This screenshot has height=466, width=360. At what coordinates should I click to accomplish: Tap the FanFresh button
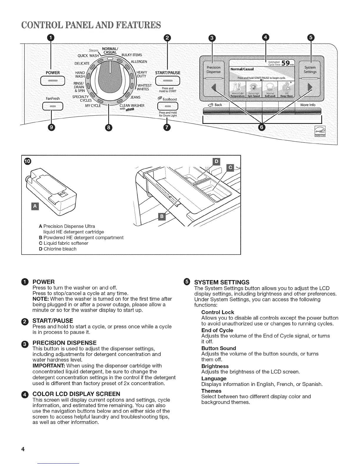53,106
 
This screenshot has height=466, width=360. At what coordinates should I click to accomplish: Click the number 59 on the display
285,63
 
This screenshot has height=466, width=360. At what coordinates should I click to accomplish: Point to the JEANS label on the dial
135,97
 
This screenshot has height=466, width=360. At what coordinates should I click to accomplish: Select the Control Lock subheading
218,312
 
